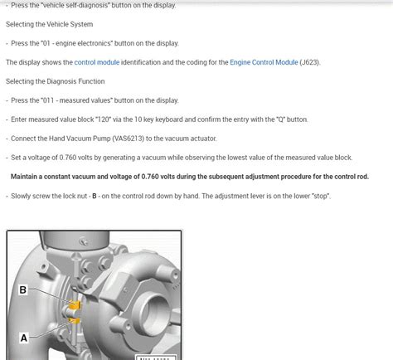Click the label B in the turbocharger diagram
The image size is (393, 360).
tap(22, 289)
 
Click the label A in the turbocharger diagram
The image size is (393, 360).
tap(22, 338)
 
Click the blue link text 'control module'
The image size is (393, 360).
tap(98, 62)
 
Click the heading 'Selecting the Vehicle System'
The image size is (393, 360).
tap(56, 24)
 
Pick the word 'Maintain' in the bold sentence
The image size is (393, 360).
tap(29, 177)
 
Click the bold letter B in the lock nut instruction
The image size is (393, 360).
tap(95, 196)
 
